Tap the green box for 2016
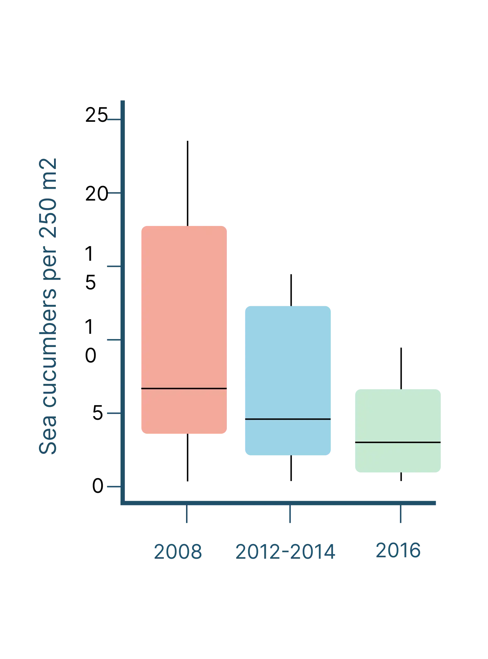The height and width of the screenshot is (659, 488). tap(397, 415)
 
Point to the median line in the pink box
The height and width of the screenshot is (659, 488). tap(184, 388)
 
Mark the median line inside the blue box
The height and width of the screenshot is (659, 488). tap(287, 419)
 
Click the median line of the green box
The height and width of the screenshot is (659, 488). tap(397, 442)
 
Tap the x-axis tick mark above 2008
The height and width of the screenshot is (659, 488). tap(187, 515)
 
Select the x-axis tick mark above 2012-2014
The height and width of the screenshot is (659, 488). tap(290, 515)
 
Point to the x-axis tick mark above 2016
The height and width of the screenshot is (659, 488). tap(401, 515)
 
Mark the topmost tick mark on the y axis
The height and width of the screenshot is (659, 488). tap(114, 119)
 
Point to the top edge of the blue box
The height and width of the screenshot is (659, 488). tap(287, 305)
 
